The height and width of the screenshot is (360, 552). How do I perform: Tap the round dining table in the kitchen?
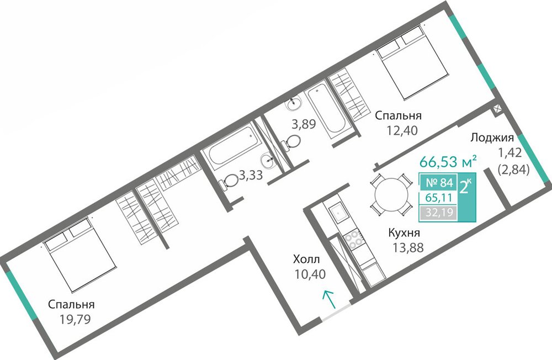pyautogui.click(x=391, y=194)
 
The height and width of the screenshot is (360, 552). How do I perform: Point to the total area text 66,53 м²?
pyautogui.click(x=448, y=162)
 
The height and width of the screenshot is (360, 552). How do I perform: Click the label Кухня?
pyautogui.click(x=404, y=233)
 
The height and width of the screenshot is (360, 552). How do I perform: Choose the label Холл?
pyautogui.click(x=306, y=260)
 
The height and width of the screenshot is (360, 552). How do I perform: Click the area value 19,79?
pyautogui.click(x=75, y=319)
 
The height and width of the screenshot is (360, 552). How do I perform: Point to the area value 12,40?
pyautogui.click(x=402, y=131)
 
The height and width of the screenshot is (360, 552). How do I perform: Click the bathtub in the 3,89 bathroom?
pyautogui.click(x=326, y=107)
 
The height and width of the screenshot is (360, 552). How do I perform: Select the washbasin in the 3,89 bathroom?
pyautogui.click(x=294, y=103)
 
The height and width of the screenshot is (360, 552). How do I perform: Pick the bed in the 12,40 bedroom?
pyautogui.click(x=412, y=61)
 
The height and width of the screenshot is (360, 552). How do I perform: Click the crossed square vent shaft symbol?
pyautogui.click(x=497, y=109)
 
